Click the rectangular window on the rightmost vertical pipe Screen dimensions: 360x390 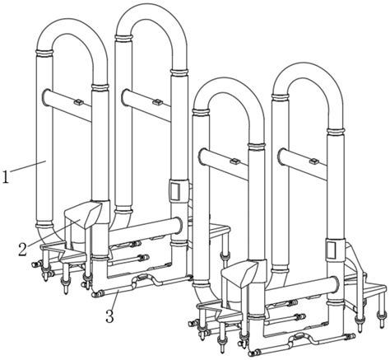coord(332,247)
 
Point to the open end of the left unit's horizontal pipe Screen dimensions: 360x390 coord(179,225)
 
